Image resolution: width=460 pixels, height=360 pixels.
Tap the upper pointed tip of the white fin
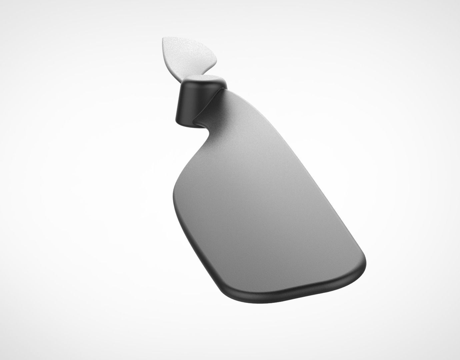(x=164, y=39)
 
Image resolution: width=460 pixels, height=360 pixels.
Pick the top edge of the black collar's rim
(x=203, y=76)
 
